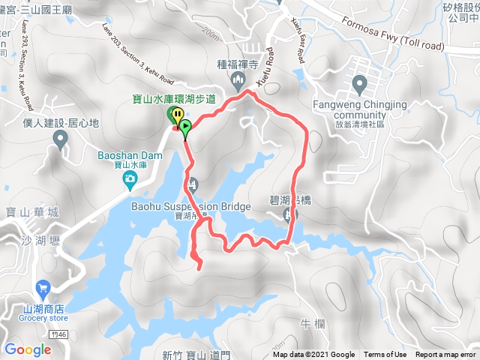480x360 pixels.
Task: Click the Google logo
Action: click(27, 349)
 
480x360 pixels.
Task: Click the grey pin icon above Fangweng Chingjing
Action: click(358, 83)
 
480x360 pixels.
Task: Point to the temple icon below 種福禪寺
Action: click(238, 79)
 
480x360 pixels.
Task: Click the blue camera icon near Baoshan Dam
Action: click(130, 178)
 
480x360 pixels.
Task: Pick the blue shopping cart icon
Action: click(42, 287)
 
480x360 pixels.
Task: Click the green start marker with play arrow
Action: click(184, 126)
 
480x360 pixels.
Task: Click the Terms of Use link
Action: click(385, 355)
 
